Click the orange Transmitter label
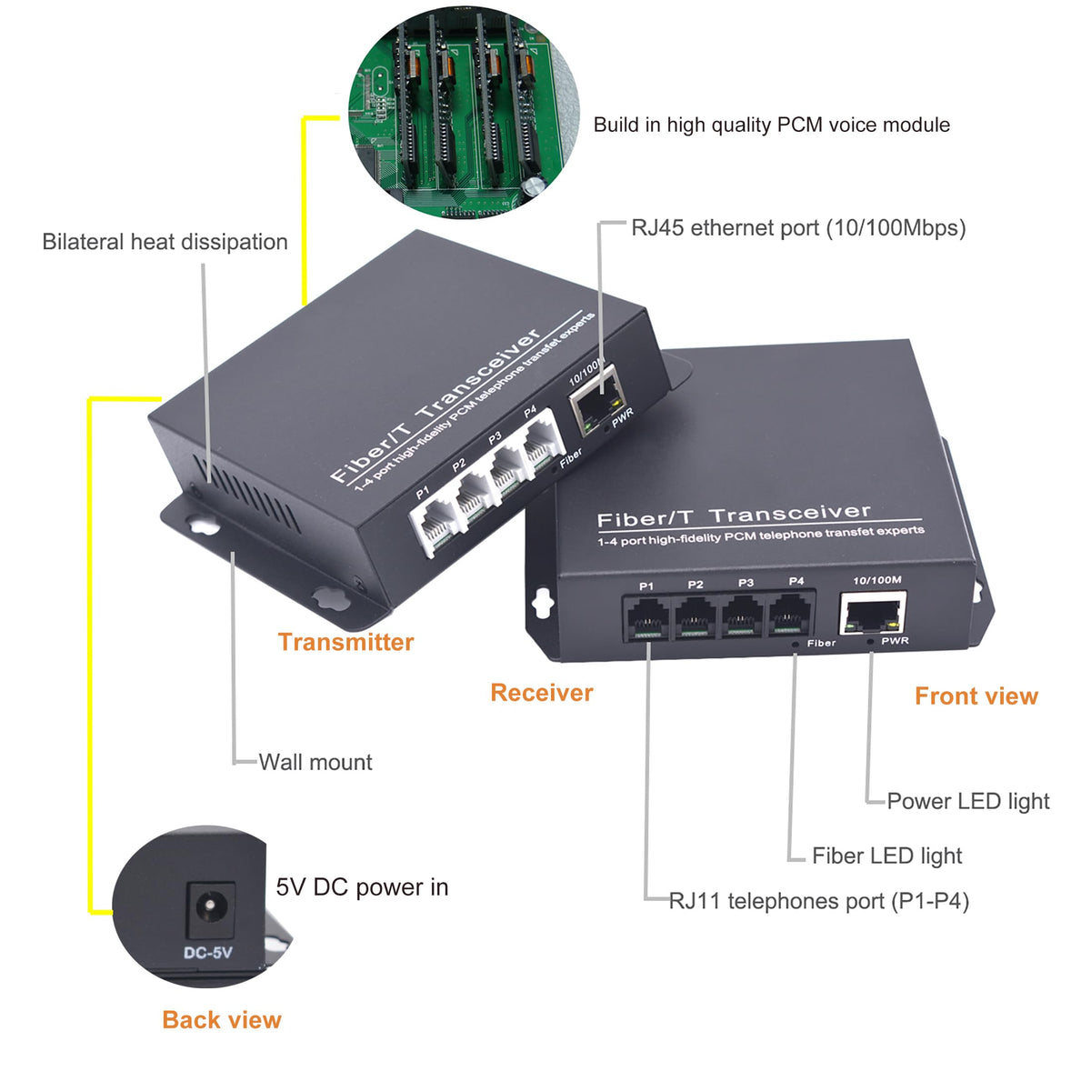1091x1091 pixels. click(345, 642)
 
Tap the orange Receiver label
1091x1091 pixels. click(542, 693)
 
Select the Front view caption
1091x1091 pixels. click(976, 696)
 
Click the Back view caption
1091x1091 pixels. click(222, 1020)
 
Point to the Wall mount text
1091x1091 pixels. click(315, 762)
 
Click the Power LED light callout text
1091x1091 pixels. click(968, 801)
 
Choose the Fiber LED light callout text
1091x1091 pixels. click(887, 856)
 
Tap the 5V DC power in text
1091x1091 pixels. click(363, 887)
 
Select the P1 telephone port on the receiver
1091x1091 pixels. click(646, 617)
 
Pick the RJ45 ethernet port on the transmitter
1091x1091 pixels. click(598, 402)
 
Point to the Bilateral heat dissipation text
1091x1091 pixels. click(165, 242)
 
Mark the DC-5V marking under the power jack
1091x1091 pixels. click(208, 953)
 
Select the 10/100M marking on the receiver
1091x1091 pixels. click(877, 580)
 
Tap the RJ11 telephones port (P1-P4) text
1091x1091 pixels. click(819, 901)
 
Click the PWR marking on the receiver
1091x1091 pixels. click(896, 641)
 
